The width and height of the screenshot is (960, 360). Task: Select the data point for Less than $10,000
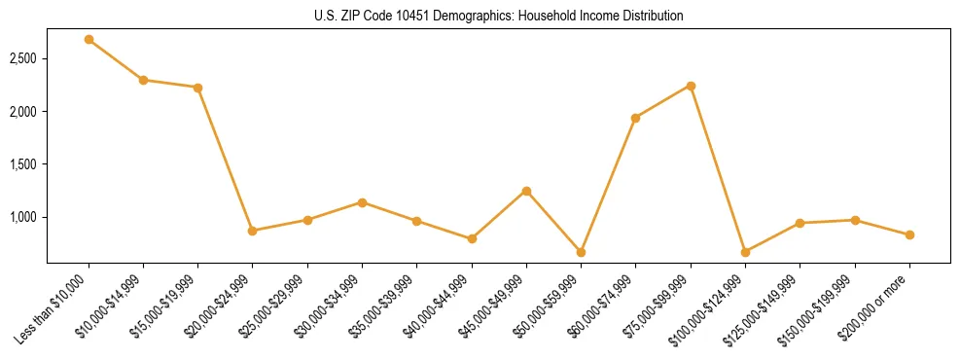pyautogui.click(x=89, y=40)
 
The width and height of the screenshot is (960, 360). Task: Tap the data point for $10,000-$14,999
pyautogui.click(x=143, y=80)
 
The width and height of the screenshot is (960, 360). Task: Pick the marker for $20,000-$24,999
pyautogui.click(x=253, y=231)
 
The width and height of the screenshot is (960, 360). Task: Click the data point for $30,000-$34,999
pyautogui.click(x=362, y=202)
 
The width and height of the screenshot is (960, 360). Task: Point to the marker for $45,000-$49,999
pyautogui.click(x=526, y=191)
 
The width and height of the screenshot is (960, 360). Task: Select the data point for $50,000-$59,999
pyautogui.click(x=581, y=252)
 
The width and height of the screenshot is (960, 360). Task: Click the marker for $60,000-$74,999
pyautogui.click(x=635, y=118)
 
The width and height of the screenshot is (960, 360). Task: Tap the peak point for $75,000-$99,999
pyautogui.click(x=691, y=86)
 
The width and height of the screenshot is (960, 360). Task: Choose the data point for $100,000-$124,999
pyautogui.click(x=745, y=252)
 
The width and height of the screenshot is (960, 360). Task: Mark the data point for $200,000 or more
pyautogui.click(x=909, y=234)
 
